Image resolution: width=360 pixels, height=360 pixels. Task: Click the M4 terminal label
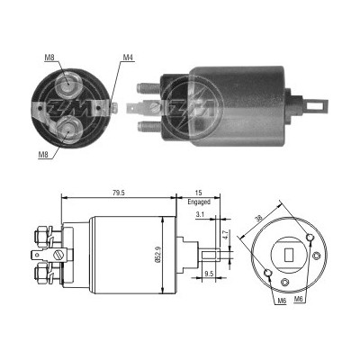[128, 57]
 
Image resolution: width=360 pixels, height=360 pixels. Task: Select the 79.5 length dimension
[119, 193]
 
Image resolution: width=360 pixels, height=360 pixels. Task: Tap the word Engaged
[199, 202]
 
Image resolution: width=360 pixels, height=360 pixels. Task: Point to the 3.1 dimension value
[200, 214]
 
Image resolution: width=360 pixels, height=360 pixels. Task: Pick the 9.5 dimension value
[209, 274]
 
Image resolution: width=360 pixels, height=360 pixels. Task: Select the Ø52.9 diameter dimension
[158, 255]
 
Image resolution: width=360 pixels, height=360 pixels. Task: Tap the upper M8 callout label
[49, 58]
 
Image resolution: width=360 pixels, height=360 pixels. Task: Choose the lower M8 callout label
[43, 155]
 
